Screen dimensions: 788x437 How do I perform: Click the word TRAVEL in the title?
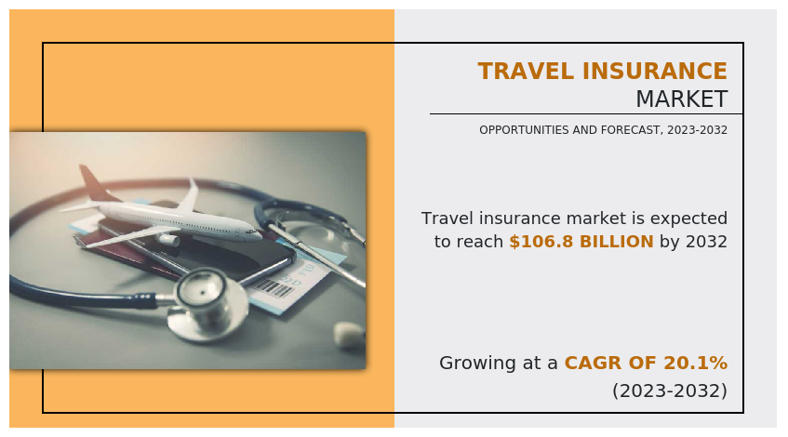[x=526, y=71]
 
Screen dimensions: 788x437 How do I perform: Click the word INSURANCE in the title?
[x=655, y=71]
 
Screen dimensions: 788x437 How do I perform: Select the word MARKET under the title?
[x=681, y=99]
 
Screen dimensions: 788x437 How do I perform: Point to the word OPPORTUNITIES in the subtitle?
[x=524, y=130]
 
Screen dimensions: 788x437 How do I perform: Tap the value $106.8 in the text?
[x=541, y=242]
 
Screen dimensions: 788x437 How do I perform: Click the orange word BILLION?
[x=617, y=242]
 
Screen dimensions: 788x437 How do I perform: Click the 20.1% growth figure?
[x=696, y=363]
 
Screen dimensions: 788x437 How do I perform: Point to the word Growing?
[x=477, y=364]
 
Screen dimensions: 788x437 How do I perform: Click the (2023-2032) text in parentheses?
[x=670, y=391]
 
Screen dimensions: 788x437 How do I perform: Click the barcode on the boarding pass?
[x=274, y=288]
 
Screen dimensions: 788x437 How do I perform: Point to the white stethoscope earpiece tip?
[x=349, y=334]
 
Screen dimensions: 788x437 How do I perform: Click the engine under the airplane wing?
[x=169, y=239]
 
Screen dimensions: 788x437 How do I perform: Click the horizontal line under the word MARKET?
[x=586, y=114]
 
